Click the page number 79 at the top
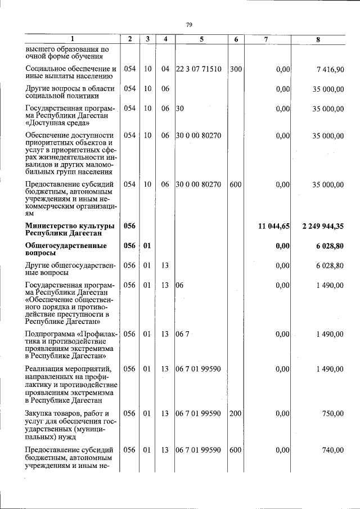pyautogui.click(x=190, y=24)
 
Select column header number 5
pyautogui.click(x=201, y=39)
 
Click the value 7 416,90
pyautogui.click(x=330, y=69)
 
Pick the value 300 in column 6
pyautogui.click(x=236, y=69)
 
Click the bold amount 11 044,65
pyautogui.click(x=274, y=226)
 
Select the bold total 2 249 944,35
pyautogui.click(x=323, y=226)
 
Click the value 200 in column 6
pyautogui.click(x=236, y=413)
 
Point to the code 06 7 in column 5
pyautogui.click(x=183, y=334)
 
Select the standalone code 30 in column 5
pyautogui.click(x=180, y=109)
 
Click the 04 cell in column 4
pyautogui.click(x=165, y=69)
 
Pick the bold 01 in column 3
pyautogui.click(x=147, y=246)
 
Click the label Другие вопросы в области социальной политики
pyautogui.click(x=70, y=92)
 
